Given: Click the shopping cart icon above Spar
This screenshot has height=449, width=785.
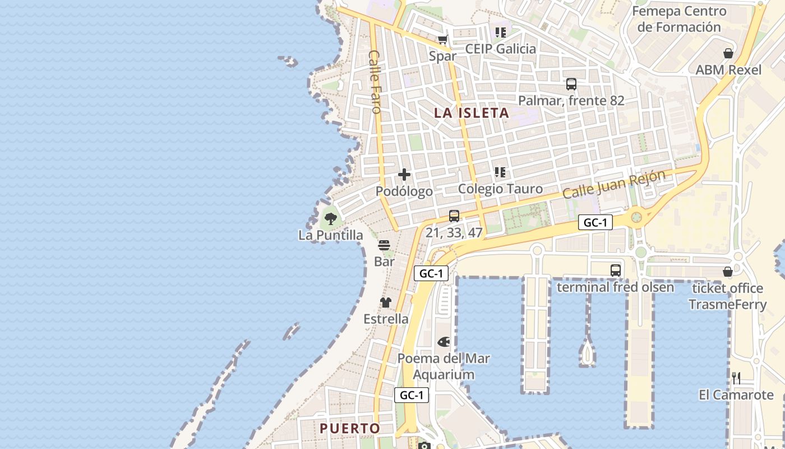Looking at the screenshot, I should click(x=443, y=39).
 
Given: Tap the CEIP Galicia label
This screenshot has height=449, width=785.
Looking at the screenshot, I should click(x=500, y=49).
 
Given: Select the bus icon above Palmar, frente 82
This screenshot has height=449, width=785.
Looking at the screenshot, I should click(x=571, y=84).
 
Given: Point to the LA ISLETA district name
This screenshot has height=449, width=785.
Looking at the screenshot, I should click(x=472, y=113).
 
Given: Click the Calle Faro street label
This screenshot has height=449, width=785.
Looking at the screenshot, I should click(x=375, y=81).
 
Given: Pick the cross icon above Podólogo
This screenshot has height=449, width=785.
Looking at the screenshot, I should click(x=404, y=175).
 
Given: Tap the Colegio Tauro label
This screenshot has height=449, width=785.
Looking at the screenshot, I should click(x=500, y=189).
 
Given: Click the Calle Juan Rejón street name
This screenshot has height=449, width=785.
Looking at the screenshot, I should click(x=614, y=184).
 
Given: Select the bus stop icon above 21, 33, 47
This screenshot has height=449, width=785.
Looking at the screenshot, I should click(x=454, y=216).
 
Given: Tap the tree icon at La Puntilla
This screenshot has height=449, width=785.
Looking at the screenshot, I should click(x=330, y=219).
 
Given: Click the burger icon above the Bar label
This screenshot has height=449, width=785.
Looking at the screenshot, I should click(x=384, y=245).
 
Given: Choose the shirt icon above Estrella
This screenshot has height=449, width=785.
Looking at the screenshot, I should click(x=386, y=303).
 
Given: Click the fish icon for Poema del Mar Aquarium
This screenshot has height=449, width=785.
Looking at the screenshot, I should click(x=444, y=341).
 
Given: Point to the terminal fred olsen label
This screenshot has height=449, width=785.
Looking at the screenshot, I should click(x=615, y=287).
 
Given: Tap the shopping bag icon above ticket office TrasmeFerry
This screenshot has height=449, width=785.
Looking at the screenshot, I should click(x=728, y=272).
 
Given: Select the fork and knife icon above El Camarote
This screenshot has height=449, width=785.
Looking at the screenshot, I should click(x=736, y=378).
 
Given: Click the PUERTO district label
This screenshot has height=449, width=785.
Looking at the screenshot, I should click(x=350, y=428).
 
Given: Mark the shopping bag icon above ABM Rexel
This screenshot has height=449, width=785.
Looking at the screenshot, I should click(x=728, y=54).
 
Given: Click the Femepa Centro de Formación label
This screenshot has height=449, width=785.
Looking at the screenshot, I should click(x=679, y=19).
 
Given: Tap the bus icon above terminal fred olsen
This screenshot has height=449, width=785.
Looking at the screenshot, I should click(x=616, y=270).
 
